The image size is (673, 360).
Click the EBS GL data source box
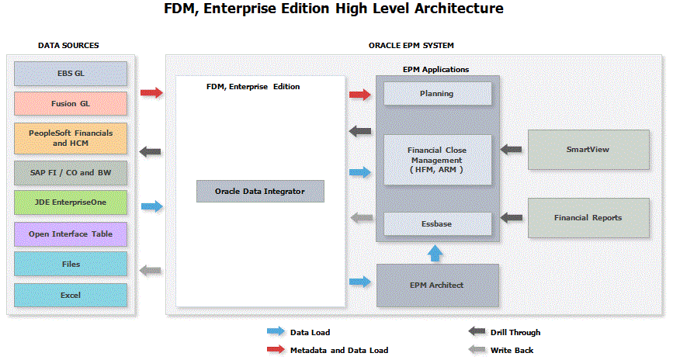(x=71, y=74)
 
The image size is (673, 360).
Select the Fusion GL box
(x=71, y=103)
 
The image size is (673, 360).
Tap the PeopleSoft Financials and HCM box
(x=71, y=137)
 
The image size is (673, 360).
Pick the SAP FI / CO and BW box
(x=71, y=171)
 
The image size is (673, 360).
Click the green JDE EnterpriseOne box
(x=71, y=202)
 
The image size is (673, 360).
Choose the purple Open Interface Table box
(x=71, y=234)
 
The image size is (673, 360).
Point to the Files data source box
(x=71, y=265)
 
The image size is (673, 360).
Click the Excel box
(x=71, y=295)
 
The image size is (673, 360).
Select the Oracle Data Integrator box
(x=260, y=191)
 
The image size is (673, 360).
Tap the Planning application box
(x=438, y=94)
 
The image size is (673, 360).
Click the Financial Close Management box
(x=438, y=159)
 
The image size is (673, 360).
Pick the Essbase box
(x=438, y=224)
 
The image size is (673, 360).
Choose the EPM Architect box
(x=437, y=285)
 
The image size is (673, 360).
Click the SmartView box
(x=588, y=150)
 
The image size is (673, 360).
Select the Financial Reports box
(x=588, y=218)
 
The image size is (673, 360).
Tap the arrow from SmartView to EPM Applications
(x=511, y=149)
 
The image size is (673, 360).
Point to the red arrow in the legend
(x=275, y=350)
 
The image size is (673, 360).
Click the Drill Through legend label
(x=515, y=332)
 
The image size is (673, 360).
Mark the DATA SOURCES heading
(x=68, y=46)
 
